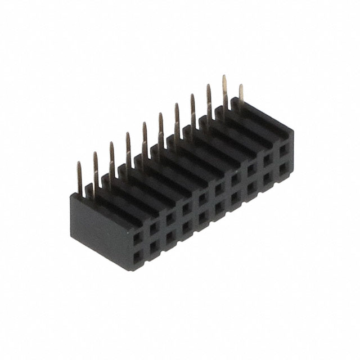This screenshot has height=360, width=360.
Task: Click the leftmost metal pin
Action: pos(79,179)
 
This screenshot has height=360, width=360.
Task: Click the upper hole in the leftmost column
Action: pos(137,238)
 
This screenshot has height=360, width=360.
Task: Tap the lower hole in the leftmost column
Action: pos(137,256)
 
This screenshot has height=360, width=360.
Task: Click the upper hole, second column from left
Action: pos(153,228)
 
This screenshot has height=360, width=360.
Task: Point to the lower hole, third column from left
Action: pos(169,237)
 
